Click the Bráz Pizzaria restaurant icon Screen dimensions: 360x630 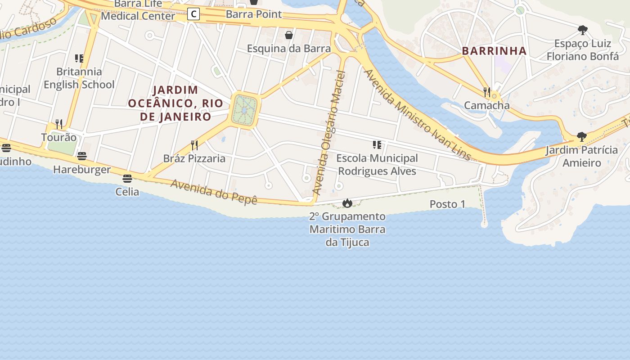pos(194,145)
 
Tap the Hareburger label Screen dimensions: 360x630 pos(82,170)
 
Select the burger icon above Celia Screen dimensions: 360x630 pos(127,179)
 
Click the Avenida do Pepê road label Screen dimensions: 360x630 pos(214,192)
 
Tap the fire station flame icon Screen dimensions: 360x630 pos(347,203)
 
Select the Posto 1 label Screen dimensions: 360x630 pos(447,204)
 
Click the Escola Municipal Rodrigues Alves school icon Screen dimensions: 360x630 pos(377,145)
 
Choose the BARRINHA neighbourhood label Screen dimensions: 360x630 pos(494,51)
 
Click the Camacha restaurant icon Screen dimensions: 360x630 pos(487,92)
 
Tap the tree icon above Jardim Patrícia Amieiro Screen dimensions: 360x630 pos(581,137)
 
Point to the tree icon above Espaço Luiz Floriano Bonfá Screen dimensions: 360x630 pos(583,31)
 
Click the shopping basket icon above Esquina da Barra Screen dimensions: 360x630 pos(289,35)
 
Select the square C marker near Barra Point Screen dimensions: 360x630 pos(193,14)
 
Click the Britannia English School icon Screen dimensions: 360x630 pos(79,58)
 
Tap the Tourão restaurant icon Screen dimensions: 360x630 pos(59,124)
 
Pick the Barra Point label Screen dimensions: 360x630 pos(254,14)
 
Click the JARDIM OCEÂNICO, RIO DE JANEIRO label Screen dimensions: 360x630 pos(176,103)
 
